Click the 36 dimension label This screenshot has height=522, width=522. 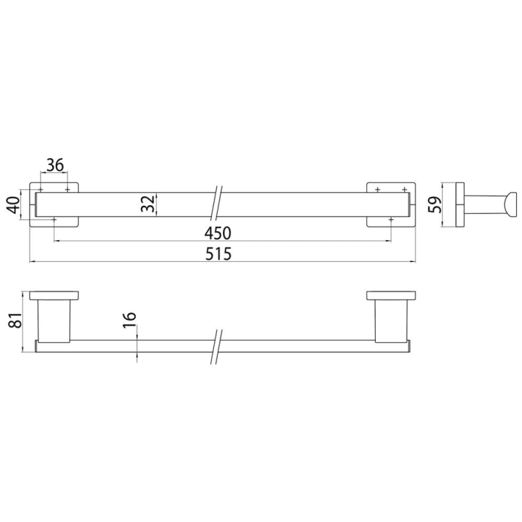pos(54,166)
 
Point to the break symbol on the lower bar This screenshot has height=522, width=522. pos(216,347)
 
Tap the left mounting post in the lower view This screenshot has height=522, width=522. pos(54,321)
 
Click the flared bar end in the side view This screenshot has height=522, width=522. pos(509,203)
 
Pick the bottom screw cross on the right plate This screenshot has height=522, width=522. pos(390,220)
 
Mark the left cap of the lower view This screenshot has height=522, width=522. pos(55,295)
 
